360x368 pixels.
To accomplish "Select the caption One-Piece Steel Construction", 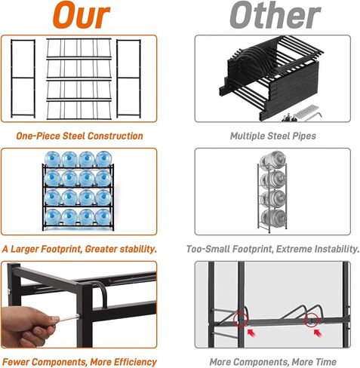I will pos(79,136).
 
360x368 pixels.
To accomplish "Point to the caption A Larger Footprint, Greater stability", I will pos(79,248).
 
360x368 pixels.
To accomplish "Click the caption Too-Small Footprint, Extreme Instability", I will pos(272,248).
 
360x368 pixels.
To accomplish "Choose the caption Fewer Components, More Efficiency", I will pos(79,361).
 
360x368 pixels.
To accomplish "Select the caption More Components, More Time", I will pos(272,361).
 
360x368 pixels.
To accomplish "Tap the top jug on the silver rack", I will pos(273,161).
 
